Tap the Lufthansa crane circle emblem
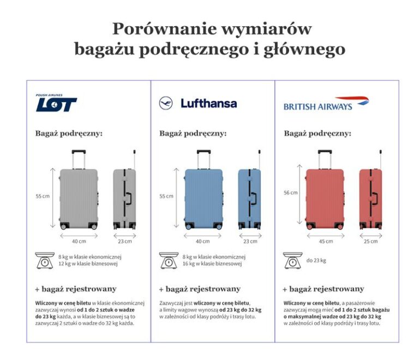166,103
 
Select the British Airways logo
326,104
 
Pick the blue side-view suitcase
249,197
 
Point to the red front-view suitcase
325,197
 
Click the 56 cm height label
291,193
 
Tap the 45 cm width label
326,241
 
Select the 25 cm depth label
370,241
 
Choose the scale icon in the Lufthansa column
169,260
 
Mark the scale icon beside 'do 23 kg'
293,261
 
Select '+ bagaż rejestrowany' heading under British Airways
323,289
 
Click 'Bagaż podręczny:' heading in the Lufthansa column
193,133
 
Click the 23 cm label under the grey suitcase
124,241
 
